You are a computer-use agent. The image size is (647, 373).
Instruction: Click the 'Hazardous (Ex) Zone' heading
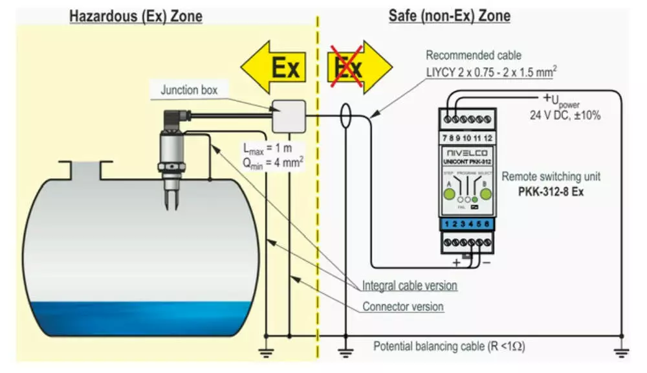(x=136, y=16)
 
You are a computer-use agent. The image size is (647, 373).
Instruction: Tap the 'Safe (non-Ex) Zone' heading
(x=449, y=16)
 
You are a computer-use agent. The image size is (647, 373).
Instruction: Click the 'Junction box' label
(x=189, y=91)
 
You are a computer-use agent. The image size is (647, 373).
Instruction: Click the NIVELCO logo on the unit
(x=466, y=152)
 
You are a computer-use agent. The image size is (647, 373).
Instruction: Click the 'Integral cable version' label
(x=410, y=285)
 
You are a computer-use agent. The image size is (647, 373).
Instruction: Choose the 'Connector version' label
(x=403, y=306)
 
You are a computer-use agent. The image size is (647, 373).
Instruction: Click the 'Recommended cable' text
(x=473, y=56)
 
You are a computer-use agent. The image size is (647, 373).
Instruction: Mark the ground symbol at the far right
(x=621, y=352)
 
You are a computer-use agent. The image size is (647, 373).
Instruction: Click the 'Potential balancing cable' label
(x=449, y=346)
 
